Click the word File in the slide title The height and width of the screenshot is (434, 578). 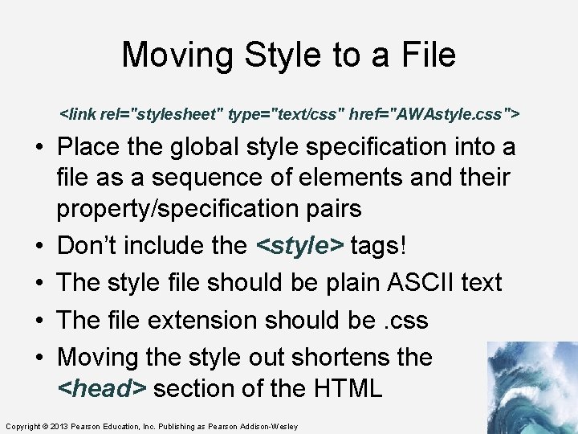[425, 55]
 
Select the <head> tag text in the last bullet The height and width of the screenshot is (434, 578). [102, 388]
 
